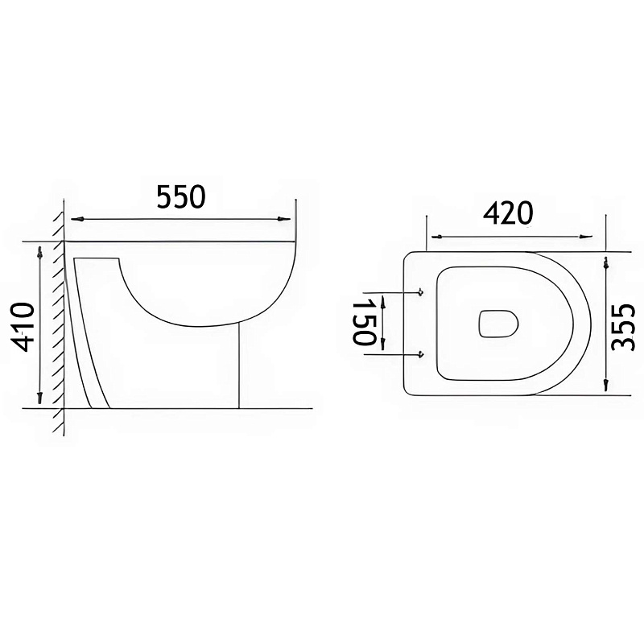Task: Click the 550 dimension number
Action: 180,196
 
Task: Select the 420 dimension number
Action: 507,213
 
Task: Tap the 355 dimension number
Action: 623,327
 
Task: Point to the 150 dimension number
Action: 365,321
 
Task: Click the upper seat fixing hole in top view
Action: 420,292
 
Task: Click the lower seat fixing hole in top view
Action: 420,354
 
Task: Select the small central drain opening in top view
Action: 498,324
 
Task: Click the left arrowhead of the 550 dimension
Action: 77,219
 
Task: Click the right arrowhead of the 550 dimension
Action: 283,219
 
